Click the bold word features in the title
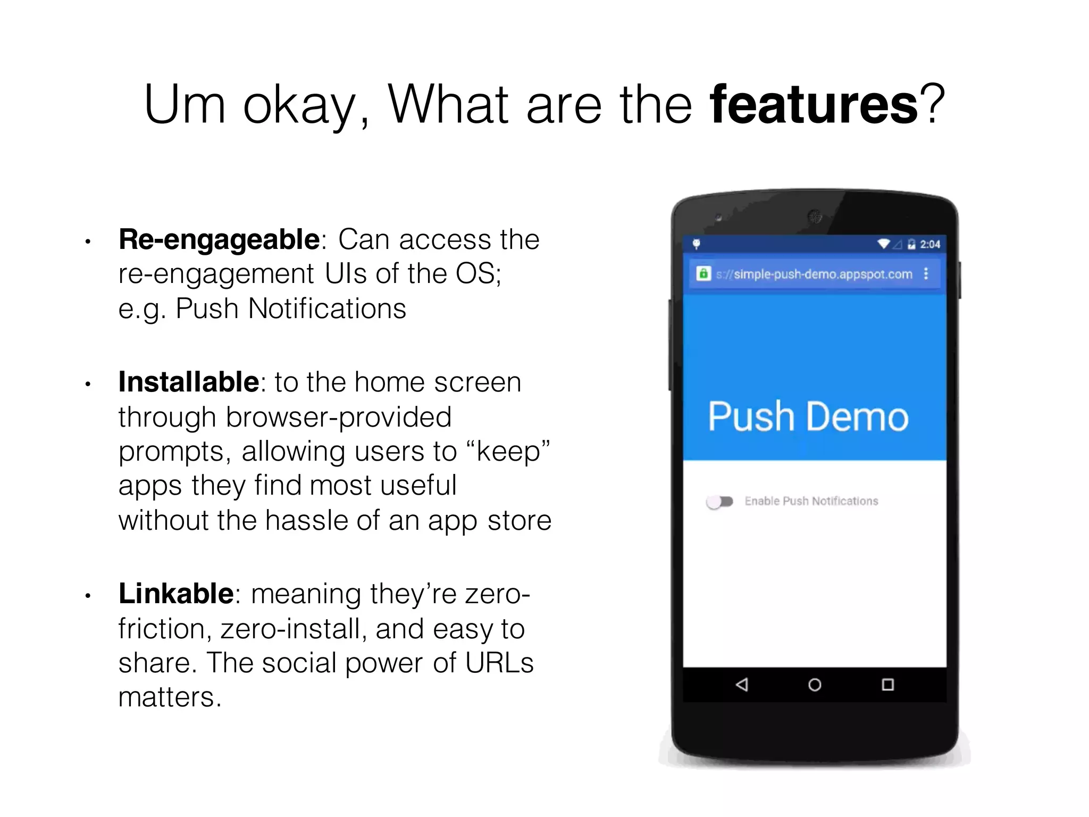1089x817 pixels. coord(814,104)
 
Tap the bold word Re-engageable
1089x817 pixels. coord(219,239)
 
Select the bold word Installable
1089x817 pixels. coord(189,382)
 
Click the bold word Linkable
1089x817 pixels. coord(176,594)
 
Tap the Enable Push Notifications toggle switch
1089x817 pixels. coord(719,501)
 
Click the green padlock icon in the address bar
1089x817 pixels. coord(703,273)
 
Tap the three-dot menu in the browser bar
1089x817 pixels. coord(926,273)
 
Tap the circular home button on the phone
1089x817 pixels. coord(815,685)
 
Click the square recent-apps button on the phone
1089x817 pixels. coord(887,685)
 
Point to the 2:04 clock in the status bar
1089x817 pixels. coord(930,244)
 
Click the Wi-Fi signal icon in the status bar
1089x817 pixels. coord(884,244)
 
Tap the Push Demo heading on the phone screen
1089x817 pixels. coord(808,416)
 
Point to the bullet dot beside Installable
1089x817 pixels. coord(88,384)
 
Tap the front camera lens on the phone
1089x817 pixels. coord(815,216)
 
